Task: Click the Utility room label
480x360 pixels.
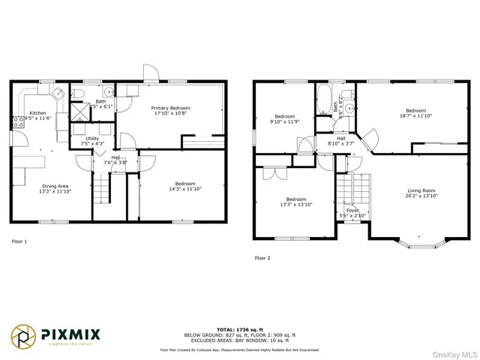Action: pos(94,139)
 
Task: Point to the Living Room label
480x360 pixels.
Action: pos(421,190)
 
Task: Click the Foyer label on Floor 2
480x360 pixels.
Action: pos(352,211)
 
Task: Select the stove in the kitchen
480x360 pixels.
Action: pos(16,122)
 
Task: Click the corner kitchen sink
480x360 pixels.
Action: pos(56,91)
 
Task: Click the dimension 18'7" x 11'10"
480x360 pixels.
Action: pos(416,115)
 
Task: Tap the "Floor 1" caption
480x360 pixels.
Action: pos(19,241)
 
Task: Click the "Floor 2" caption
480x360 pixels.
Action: pos(262,257)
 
